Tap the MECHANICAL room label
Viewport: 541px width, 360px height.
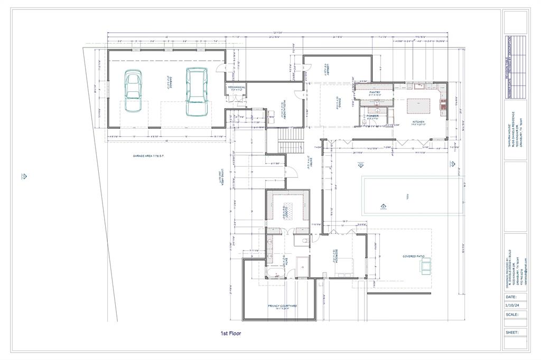236,88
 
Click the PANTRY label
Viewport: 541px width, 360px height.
375,92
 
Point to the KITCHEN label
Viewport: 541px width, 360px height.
418,122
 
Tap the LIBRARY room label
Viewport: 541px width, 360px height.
328,71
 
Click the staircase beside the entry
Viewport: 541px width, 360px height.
289,141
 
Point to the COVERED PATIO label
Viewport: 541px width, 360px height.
413,256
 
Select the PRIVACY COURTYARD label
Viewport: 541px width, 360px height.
282,306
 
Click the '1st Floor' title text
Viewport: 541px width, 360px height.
231,334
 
